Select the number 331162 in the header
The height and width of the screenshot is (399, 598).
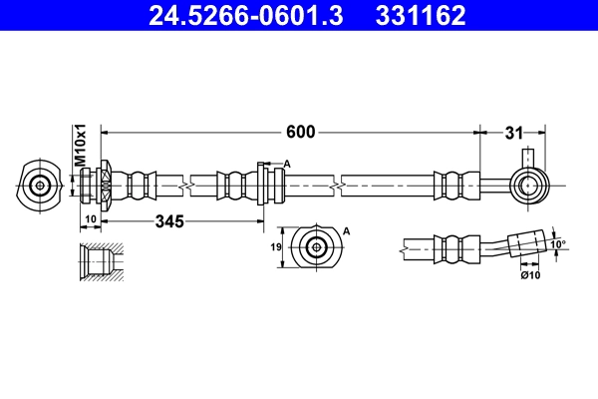[x=420, y=16]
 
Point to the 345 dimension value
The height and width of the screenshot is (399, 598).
[x=169, y=222]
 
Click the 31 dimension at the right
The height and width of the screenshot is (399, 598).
[x=513, y=132]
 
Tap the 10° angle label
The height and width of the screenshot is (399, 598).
[x=558, y=242]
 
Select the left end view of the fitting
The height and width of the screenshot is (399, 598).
[x=40, y=185]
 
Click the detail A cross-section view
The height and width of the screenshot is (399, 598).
[x=316, y=246]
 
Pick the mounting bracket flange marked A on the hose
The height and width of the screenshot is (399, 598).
[x=264, y=185]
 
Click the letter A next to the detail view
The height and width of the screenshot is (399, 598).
[x=348, y=230]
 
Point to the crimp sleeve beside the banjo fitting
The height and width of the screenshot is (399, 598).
[x=450, y=185]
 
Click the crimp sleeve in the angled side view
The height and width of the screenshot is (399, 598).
[x=451, y=248]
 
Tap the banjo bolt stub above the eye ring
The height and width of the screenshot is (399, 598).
[x=528, y=159]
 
